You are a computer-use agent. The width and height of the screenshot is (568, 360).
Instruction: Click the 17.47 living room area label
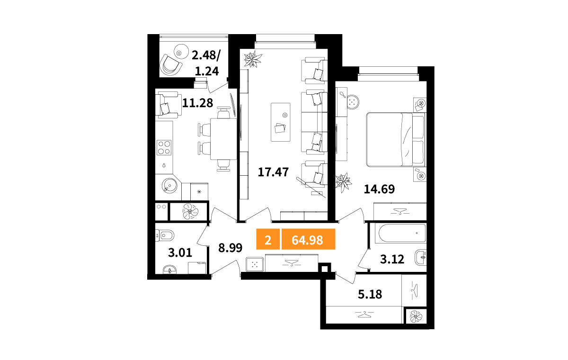[x=273, y=172]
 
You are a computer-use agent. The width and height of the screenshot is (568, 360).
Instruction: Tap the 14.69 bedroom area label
[x=379, y=189]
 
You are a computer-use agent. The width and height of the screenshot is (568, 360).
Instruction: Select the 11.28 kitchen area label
[x=197, y=103]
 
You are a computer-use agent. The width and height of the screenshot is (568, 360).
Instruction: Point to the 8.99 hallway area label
[x=230, y=248]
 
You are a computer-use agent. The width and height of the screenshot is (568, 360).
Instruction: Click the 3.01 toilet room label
[x=180, y=252]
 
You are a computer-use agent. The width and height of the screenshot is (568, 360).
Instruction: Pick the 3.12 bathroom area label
[x=392, y=259]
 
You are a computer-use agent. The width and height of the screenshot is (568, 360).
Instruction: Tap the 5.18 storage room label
[x=370, y=295]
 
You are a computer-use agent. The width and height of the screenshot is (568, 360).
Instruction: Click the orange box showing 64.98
[x=308, y=239]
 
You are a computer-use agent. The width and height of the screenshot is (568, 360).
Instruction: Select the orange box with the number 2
[x=268, y=239]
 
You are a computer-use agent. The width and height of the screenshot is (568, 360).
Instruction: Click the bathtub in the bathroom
[x=402, y=233]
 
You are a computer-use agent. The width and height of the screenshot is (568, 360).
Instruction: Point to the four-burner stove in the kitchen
[x=164, y=148]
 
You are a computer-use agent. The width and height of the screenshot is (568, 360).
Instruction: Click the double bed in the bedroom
[x=396, y=140]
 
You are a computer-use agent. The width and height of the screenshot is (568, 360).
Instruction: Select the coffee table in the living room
[x=280, y=122]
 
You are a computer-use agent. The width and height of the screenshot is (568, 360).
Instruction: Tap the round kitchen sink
[x=169, y=186]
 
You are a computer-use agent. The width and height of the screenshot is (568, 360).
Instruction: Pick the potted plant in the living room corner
[x=253, y=59]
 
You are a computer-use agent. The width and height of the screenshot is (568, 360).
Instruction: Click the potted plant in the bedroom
[x=344, y=182]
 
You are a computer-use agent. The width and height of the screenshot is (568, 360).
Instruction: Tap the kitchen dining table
[x=223, y=139]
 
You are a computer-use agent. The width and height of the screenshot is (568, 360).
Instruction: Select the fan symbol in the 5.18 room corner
[x=416, y=316]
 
